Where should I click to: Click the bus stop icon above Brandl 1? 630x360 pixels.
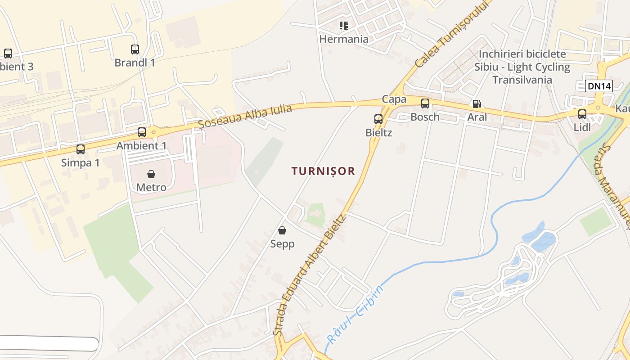(x=135, y=49)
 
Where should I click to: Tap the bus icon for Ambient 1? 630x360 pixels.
(x=142, y=132)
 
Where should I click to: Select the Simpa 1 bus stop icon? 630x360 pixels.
(x=81, y=149)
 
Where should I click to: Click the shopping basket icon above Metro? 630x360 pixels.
(x=151, y=174)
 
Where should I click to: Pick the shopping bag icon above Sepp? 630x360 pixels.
(x=282, y=231)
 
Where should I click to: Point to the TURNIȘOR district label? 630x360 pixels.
(x=323, y=171)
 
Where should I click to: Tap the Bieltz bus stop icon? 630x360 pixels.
(x=378, y=119)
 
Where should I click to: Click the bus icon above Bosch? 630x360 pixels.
(x=425, y=103)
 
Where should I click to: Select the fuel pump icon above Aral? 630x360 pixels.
(x=477, y=104)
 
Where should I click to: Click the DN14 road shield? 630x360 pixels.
(x=599, y=86)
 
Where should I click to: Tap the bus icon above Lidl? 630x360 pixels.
(x=582, y=114)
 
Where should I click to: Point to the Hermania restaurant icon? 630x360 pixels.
(x=344, y=26)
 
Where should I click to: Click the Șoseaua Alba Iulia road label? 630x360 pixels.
(x=245, y=116)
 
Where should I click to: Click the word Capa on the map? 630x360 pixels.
(x=394, y=99)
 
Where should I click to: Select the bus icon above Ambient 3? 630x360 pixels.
(x=8, y=54)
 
